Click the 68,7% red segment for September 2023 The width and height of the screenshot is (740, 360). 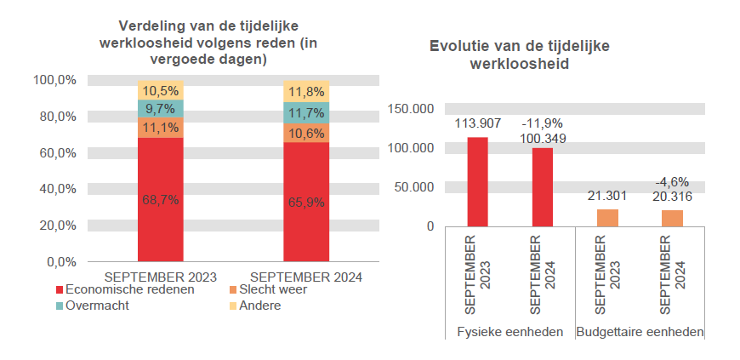[160, 199]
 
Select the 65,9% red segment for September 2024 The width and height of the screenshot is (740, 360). [305, 202]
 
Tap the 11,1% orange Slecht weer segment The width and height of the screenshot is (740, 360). [160, 128]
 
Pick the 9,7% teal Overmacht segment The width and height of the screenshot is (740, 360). [160, 109]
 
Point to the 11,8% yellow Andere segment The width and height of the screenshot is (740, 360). [305, 92]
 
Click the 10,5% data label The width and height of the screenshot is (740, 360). [160, 91]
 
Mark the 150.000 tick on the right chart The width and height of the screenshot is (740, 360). [411, 109]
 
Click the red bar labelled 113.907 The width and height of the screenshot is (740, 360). [477, 182]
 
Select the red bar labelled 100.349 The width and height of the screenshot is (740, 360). [543, 187]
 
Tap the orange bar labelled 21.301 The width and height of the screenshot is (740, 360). [607, 218]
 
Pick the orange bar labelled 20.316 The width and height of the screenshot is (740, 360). [672, 218]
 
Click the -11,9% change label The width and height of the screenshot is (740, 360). [543, 124]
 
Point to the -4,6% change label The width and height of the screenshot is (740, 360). [672, 182]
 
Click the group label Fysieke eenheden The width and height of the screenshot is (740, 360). [510, 331]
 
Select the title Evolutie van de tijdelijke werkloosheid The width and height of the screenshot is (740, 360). [520, 54]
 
